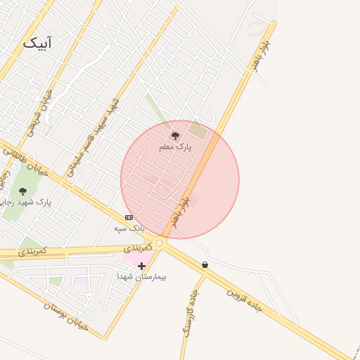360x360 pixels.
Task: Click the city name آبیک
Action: tap(37, 43)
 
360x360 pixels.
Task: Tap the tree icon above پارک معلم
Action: tap(175, 135)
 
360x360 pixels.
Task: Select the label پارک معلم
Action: tap(175, 146)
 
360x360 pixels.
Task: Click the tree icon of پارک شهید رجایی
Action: tap(22, 191)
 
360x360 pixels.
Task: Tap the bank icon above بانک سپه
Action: tap(129, 217)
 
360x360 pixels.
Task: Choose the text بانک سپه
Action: tap(129, 228)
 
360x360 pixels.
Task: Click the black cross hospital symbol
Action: tap(142, 266)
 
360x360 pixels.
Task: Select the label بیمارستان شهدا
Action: tap(142, 277)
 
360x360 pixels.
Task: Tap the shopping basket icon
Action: tap(205, 265)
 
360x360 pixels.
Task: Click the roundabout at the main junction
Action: tap(160, 243)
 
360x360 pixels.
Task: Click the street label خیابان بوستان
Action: tap(67, 316)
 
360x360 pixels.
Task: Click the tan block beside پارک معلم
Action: tap(198, 130)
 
